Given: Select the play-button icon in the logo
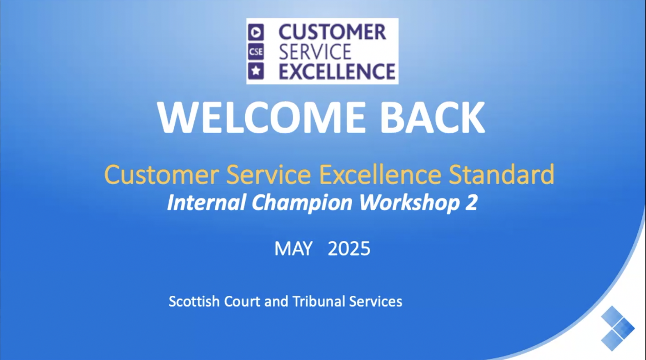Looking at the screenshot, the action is (x=256, y=32).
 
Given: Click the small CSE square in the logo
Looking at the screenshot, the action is (x=256, y=52).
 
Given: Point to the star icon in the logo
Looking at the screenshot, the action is (x=256, y=71).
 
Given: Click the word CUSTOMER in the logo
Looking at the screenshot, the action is (x=332, y=32).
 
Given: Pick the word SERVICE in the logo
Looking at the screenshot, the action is (x=315, y=52).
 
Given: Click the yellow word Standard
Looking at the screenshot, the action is (x=501, y=174).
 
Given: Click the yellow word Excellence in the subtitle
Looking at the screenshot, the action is (x=380, y=174).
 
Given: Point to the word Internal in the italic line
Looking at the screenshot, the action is (x=207, y=202).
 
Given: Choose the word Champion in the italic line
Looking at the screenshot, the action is (x=302, y=204).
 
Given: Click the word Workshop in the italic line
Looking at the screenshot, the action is (x=410, y=204).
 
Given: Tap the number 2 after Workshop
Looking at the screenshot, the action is (x=472, y=203).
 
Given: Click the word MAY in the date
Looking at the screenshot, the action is (x=293, y=249).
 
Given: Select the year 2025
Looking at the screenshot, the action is (x=349, y=249).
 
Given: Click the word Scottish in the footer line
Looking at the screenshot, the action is (x=194, y=302).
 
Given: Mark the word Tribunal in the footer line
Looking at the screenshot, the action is (x=319, y=302).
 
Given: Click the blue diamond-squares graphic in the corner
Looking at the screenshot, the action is (x=618, y=328).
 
